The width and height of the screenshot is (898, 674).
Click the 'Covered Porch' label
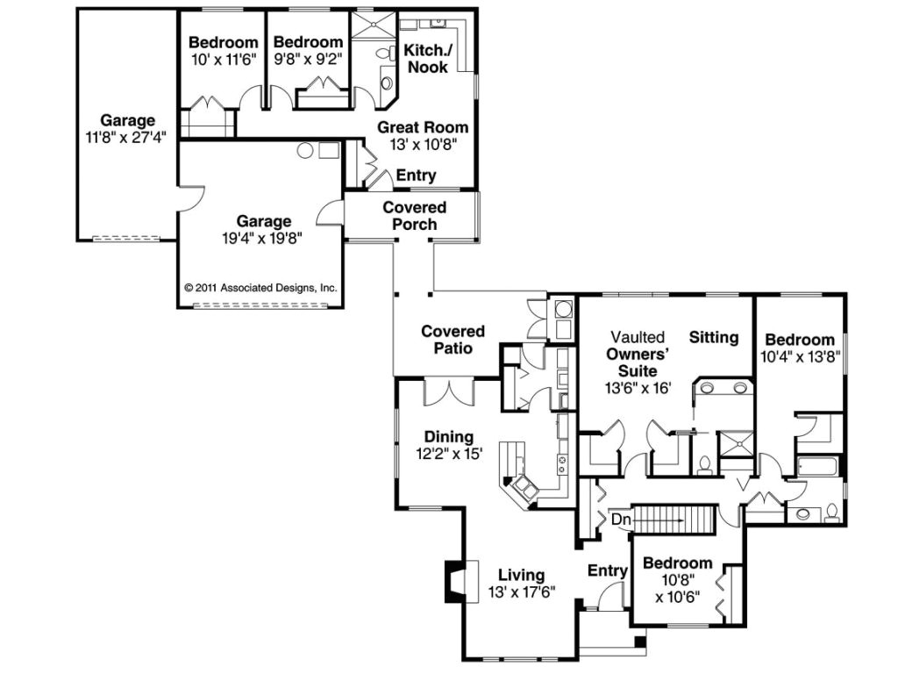coord(414,216)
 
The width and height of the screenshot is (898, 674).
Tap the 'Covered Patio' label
coord(453,340)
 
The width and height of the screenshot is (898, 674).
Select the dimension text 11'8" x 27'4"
coord(127,136)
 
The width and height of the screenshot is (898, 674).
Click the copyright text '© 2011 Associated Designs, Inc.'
coord(260,287)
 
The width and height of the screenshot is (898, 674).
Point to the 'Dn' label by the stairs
coord(621,519)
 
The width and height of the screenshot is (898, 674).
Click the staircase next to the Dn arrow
coord(670,520)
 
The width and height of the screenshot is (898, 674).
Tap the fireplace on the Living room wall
coord(459,581)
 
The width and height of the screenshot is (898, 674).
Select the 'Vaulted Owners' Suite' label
coord(638,354)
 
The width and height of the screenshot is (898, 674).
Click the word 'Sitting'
coord(713,337)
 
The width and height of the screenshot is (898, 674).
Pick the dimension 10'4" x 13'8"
coord(799,357)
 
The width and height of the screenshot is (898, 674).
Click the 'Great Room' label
coord(423,127)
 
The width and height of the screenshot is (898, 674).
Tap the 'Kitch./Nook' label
coord(426,59)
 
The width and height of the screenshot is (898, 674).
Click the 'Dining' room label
coord(449,437)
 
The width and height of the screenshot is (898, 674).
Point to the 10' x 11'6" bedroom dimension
coord(224,59)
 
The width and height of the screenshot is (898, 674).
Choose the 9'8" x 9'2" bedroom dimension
coord(307,59)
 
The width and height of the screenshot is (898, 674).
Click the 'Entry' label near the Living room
coord(608,571)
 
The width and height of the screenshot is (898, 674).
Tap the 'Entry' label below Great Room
coord(416,176)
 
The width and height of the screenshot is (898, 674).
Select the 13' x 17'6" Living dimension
coord(521,592)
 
